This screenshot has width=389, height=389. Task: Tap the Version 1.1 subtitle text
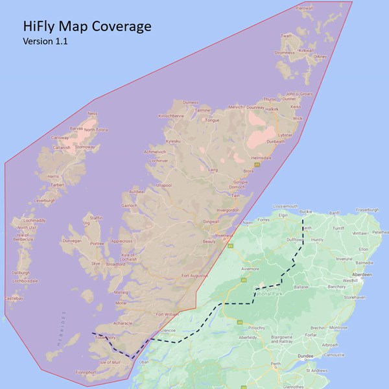(45, 41)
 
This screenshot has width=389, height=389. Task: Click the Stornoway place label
(85, 147)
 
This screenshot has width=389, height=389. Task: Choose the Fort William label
(167, 315)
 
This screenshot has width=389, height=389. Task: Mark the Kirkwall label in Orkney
(305, 50)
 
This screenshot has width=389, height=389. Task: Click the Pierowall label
(304, 8)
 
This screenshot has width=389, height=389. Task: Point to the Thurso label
(270, 99)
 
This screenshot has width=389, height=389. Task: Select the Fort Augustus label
(194, 276)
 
